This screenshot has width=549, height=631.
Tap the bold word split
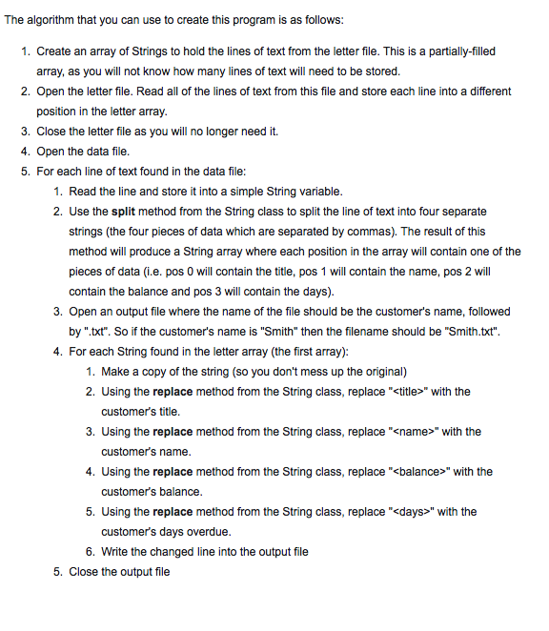coord(128,211)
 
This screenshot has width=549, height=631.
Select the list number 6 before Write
coord(89,552)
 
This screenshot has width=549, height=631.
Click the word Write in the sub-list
coord(117,552)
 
